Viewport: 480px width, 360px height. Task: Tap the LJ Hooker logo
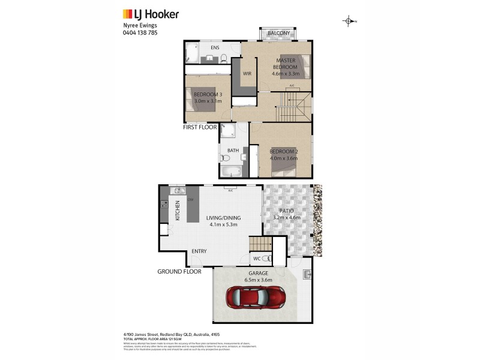[151, 14]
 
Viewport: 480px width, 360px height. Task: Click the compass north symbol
[349, 22]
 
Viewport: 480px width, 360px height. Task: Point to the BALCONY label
[279, 33]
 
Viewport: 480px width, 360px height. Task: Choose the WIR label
[247, 74]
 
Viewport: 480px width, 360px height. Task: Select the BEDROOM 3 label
[208, 94]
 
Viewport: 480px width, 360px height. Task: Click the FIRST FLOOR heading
[200, 127]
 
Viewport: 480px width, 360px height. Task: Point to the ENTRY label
[199, 251]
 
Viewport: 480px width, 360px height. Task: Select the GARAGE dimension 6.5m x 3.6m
[259, 280]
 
